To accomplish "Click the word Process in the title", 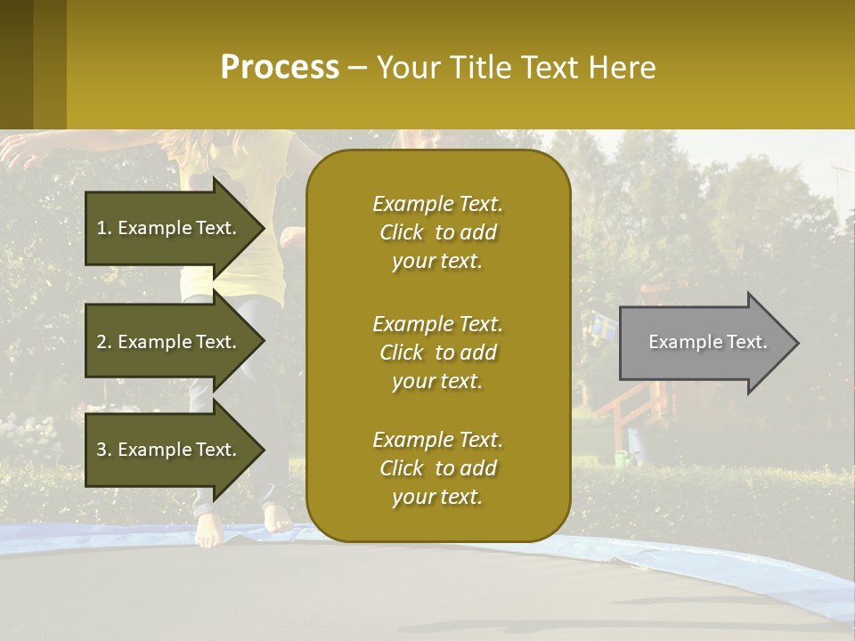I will point(280,68).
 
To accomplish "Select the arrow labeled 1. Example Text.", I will point(169,228).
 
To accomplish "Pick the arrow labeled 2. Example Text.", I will point(169,342).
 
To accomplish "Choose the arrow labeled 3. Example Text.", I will point(169,450).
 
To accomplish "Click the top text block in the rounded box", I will point(437,232).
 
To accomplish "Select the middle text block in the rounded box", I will point(437,353).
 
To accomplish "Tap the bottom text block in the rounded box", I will point(437,468).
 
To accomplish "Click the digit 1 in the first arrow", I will point(102,228).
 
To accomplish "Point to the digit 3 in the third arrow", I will point(102,450).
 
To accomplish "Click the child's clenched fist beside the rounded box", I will point(292,238).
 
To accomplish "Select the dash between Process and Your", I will point(357,68).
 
